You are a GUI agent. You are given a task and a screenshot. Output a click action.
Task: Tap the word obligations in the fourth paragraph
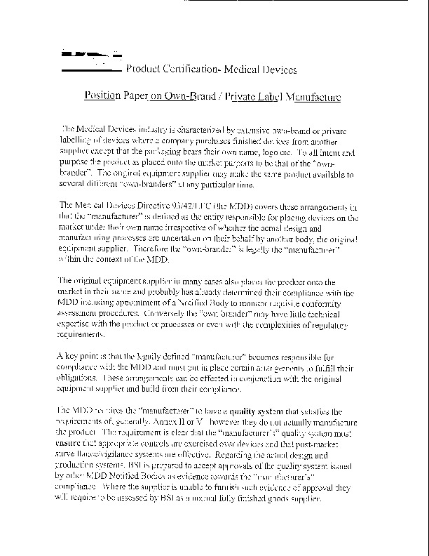[81, 378]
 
